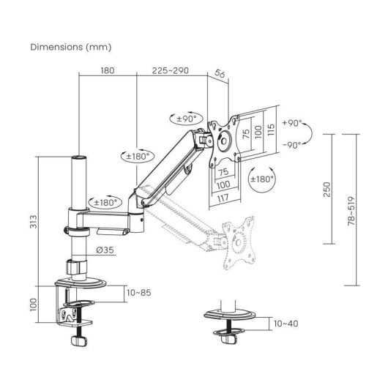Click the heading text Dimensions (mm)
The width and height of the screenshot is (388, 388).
(71, 47)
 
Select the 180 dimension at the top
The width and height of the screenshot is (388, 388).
(108, 70)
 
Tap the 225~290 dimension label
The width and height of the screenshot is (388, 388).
(171, 70)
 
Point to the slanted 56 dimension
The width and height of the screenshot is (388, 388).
(220, 73)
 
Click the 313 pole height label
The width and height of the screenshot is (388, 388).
(34, 222)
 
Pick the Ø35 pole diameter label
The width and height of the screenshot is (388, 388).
(105, 250)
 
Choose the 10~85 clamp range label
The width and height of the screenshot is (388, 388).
(139, 293)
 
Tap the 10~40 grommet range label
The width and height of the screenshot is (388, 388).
(286, 324)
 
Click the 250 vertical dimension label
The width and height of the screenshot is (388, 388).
(327, 190)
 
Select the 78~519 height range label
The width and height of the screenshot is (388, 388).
(351, 211)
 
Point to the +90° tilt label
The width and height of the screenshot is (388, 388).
(292, 123)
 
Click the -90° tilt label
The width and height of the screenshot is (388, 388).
(292, 145)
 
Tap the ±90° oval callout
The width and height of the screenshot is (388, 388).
(187, 119)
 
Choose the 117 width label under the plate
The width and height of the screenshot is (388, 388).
(223, 198)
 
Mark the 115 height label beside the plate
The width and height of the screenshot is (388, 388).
(271, 130)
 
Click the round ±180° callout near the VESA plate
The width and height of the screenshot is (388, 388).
(262, 179)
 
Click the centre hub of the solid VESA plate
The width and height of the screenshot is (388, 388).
(224, 141)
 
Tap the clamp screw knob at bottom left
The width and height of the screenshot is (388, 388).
(79, 341)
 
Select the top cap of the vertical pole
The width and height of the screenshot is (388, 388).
(79, 158)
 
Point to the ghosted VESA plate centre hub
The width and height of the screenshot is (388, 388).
(238, 242)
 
